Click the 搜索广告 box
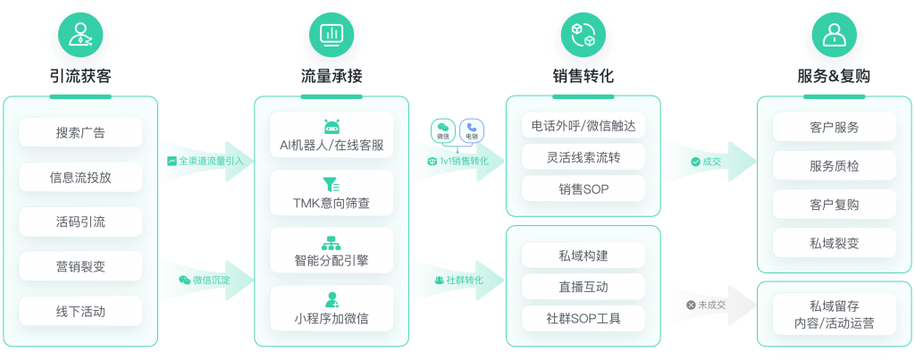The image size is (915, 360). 80,133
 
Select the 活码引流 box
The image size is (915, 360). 80,222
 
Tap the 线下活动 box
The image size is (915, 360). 80,312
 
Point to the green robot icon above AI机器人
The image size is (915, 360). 332,126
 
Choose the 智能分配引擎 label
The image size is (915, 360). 332,262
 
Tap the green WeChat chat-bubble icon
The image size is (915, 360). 443,131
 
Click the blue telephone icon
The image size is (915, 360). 471,131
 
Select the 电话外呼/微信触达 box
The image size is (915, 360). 583,126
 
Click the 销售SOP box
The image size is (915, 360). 583,188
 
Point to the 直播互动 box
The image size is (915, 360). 583,286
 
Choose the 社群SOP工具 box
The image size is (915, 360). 583,317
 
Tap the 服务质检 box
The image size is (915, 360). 834,165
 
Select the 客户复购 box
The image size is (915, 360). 834,204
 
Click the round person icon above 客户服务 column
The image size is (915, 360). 834,34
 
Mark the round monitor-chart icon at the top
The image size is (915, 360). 332,34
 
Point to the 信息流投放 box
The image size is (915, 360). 80,177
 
